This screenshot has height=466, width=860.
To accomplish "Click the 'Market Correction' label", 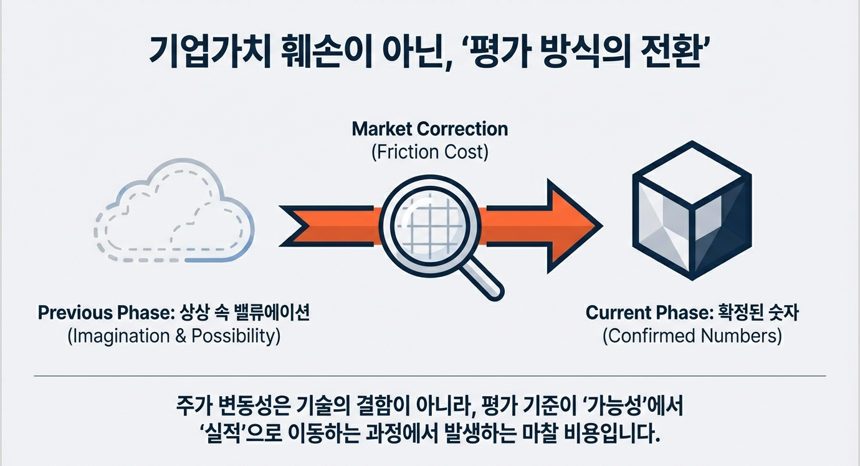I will point(429,129).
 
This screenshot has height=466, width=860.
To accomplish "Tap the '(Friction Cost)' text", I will point(429,152).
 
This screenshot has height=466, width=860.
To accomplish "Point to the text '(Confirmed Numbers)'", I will point(692,336).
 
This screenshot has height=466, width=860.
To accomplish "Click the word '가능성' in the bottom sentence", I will point(610,407).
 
